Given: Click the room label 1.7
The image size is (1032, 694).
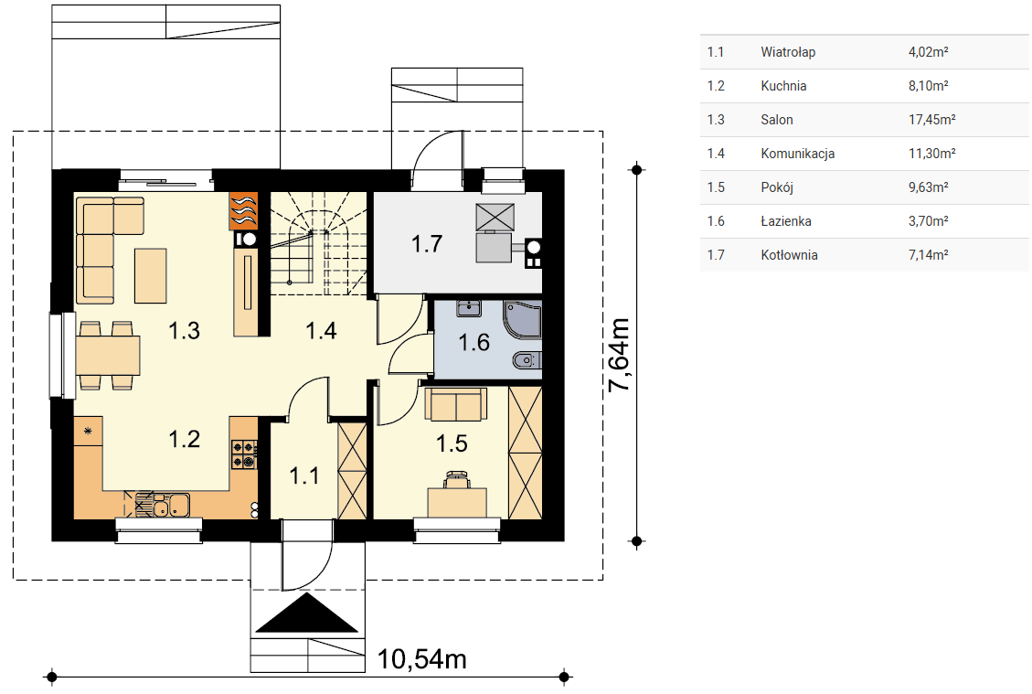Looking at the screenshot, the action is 427,244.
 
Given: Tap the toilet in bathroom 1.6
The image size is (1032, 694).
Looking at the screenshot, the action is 527,360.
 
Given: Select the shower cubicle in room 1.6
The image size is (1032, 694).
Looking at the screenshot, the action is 523,319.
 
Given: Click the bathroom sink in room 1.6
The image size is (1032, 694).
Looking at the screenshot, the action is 469,307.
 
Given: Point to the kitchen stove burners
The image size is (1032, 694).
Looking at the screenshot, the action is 243,454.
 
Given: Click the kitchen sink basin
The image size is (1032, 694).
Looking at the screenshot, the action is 170,505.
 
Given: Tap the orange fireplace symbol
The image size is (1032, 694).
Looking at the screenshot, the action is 243,210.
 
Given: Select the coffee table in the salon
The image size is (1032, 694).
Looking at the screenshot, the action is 151,276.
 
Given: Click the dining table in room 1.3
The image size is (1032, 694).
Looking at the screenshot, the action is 108,356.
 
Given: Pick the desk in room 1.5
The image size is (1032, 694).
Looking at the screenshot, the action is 457,502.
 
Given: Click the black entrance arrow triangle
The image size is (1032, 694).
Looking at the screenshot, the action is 307,613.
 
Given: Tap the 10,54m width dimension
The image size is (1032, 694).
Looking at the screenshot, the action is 422,658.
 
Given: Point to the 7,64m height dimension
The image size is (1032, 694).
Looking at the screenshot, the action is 619,356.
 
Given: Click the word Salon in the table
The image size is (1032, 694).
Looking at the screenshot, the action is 777,120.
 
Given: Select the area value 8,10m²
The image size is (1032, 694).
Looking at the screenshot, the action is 928,86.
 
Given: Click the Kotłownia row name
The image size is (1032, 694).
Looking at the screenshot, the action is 789,255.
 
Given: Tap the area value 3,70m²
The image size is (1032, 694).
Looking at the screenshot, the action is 928,221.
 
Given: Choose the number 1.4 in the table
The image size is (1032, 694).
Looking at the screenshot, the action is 716,154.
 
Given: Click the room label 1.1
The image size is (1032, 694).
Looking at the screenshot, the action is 304,475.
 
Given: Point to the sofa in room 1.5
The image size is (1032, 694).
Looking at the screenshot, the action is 456,403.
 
